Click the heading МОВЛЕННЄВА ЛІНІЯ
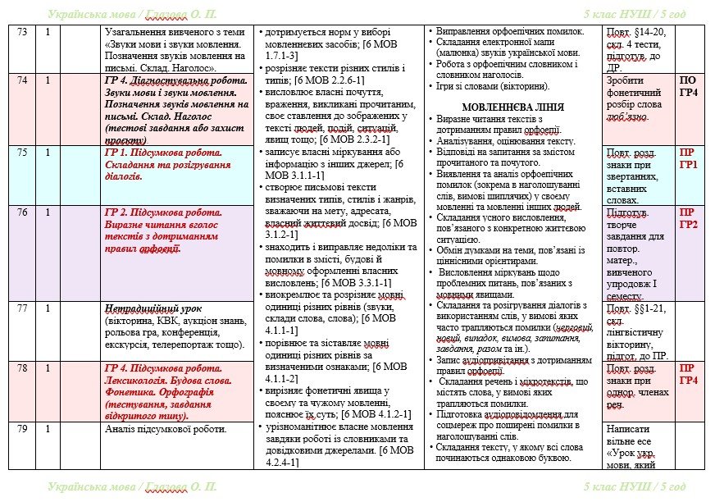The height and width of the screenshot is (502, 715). click(x=513, y=107)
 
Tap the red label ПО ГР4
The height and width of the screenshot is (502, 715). click(x=690, y=87)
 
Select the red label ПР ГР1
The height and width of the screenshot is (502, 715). click(x=690, y=159)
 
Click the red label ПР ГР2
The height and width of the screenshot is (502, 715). click(x=690, y=218)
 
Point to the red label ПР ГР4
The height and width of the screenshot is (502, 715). click(x=690, y=375)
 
